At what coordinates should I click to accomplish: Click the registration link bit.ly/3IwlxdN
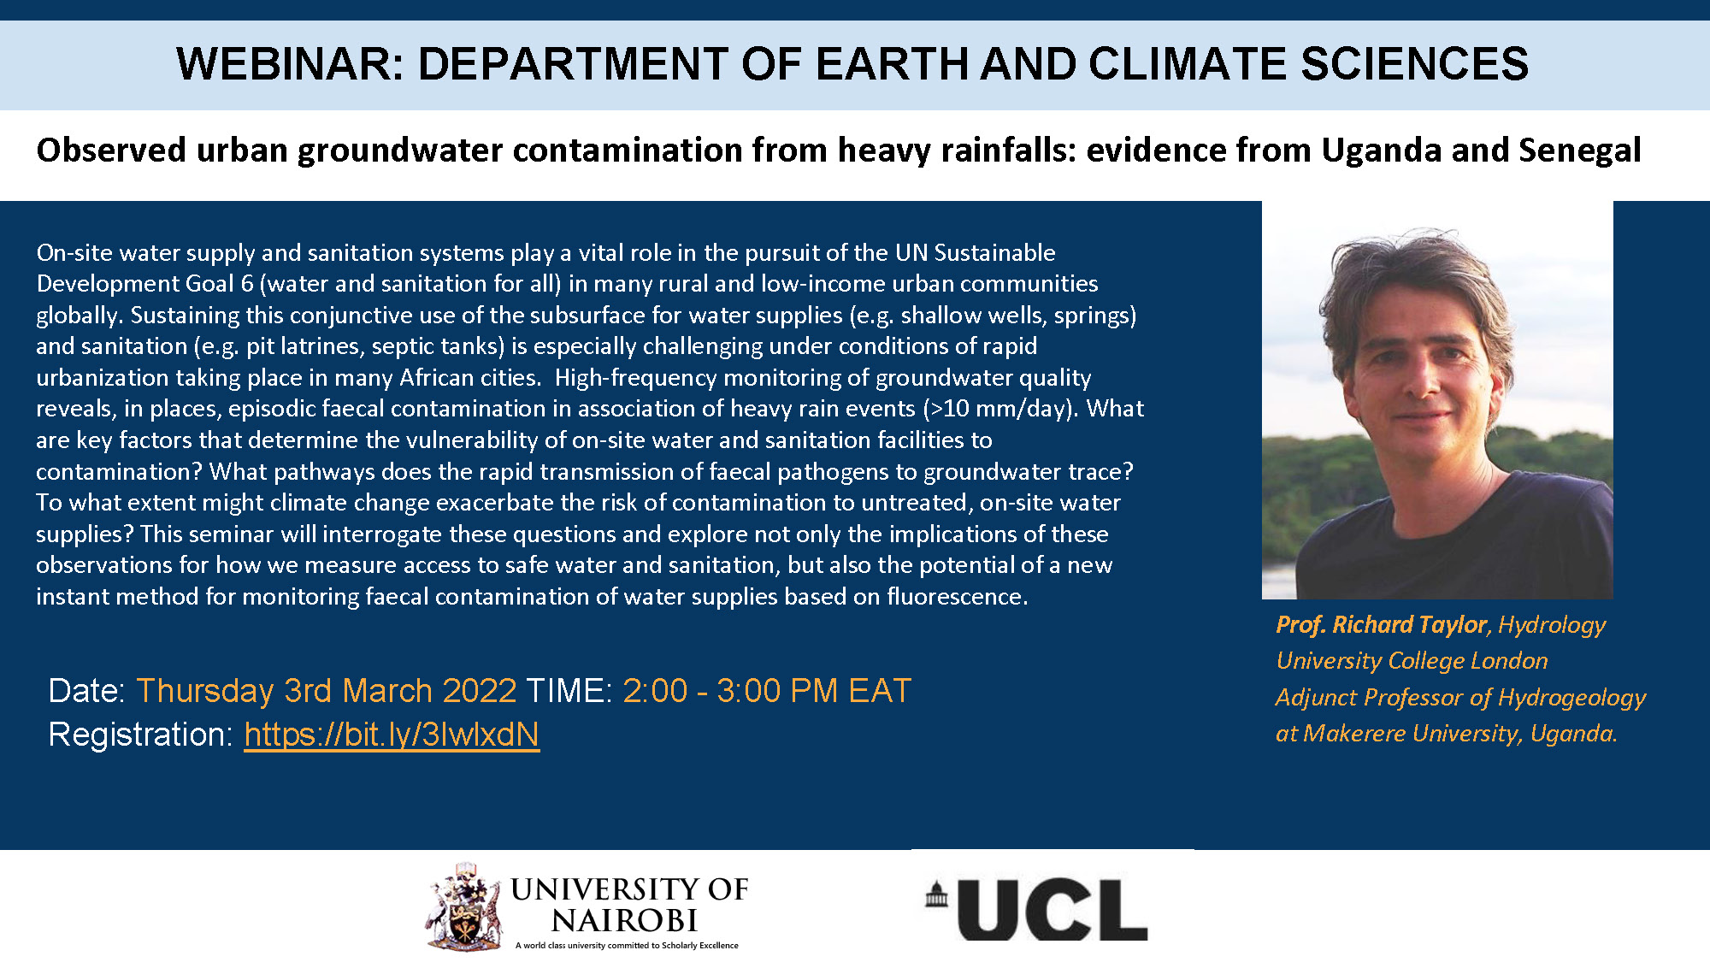point(392,735)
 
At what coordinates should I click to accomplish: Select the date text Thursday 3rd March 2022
point(327,691)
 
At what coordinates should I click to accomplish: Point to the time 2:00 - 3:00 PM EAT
point(767,691)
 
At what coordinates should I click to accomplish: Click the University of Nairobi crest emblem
point(463,907)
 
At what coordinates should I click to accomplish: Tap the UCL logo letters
point(1053,910)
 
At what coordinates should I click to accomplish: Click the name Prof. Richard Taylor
point(1382,625)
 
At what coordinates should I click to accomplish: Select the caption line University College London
point(1412,661)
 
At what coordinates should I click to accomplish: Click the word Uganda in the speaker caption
point(1571,734)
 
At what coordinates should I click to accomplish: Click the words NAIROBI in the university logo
point(624,921)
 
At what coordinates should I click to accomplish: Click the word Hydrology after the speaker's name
point(1552,625)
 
